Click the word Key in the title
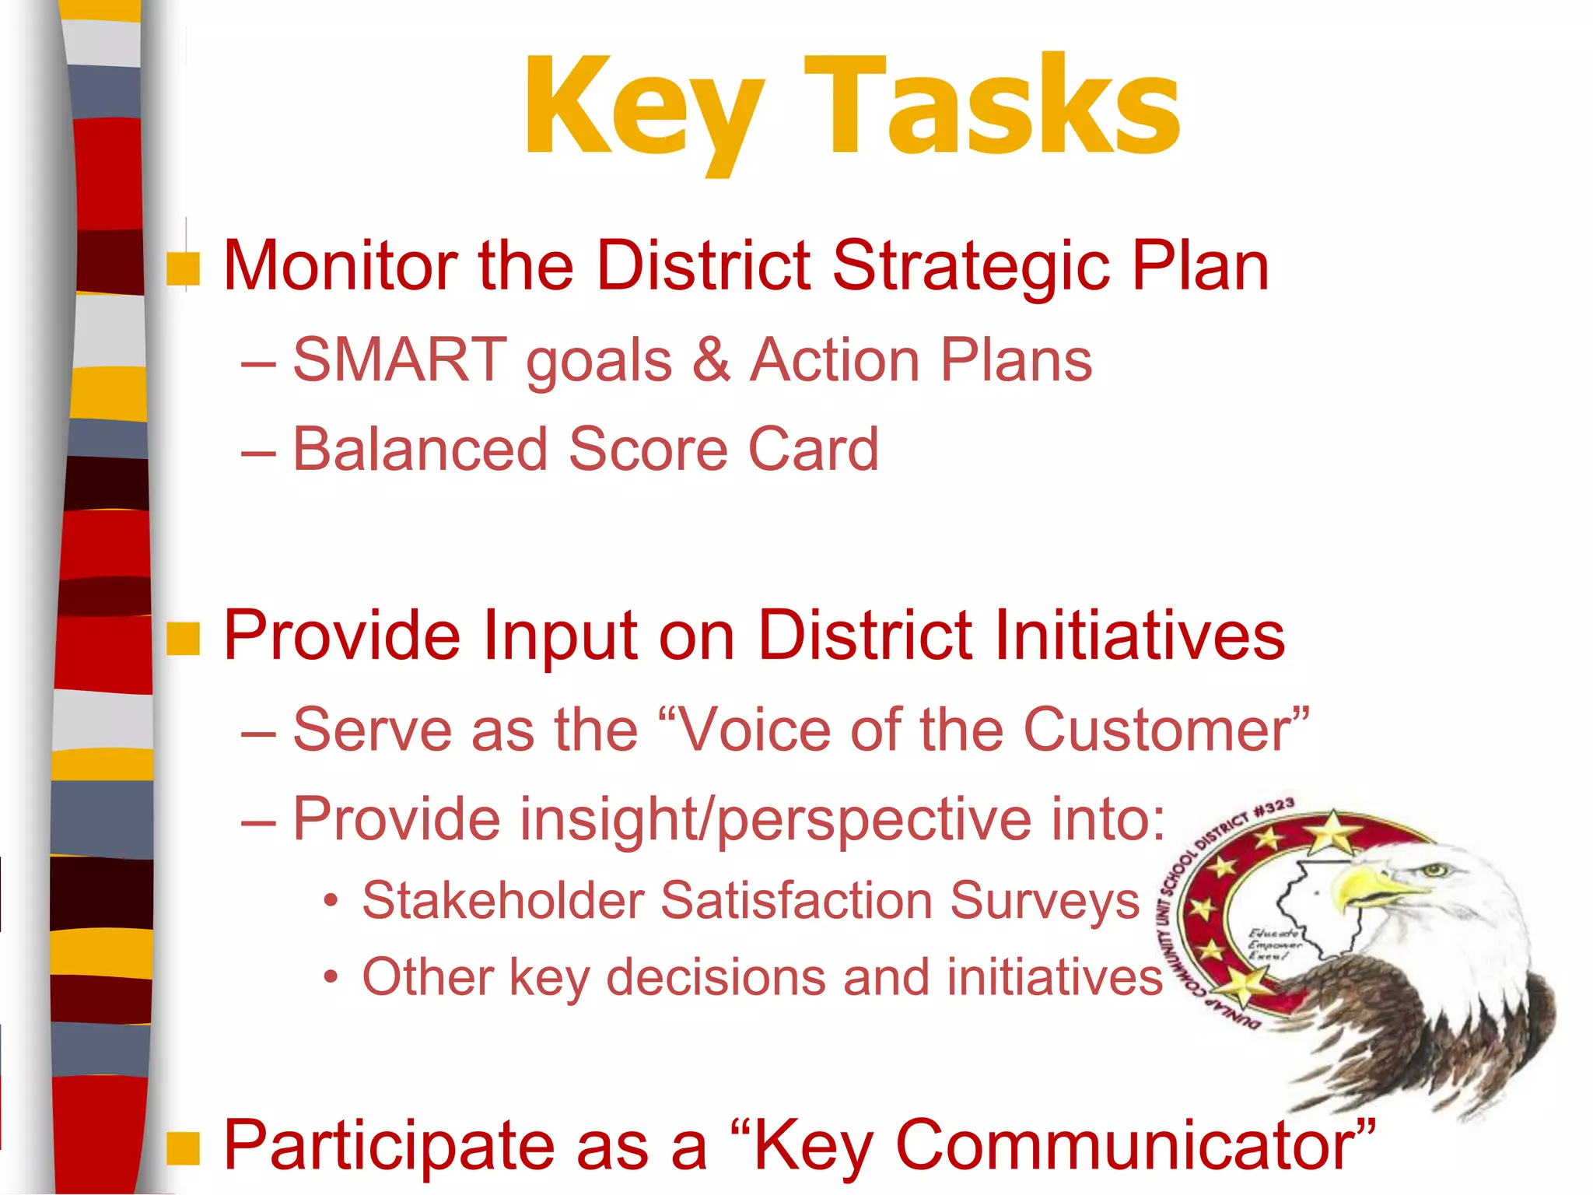pyautogui.click(x=644, y=109)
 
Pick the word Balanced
pyautogui.click(x=421, y=450)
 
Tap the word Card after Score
pyautogui.click(x=813, y=450)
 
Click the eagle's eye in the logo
pyautogui.click(x=1434, y=870)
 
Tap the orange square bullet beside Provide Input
pyautogui.click(x=184, y=639)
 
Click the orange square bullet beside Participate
pyautogui.click(x=184, y=1148)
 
